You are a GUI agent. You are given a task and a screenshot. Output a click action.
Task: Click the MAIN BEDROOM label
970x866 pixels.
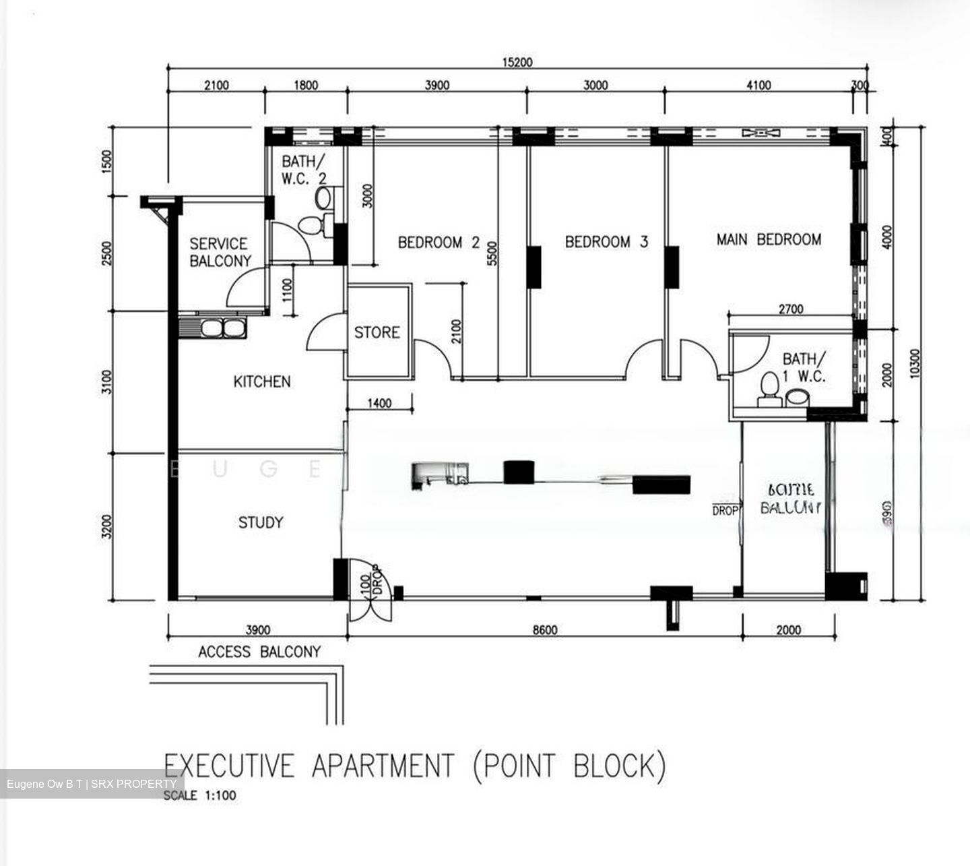pyautogui.click(x=769, y=239)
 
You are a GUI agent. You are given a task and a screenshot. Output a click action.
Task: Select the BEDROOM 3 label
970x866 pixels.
pyautogui.click(x=606, y=241)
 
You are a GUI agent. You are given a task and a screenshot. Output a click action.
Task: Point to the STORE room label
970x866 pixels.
pyautogui.click(x=377, y=332)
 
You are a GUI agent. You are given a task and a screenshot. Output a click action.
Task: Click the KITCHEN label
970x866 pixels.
pyautogui.click(x=262, y=381)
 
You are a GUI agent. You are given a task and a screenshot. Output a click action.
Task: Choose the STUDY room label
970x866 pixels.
pyautogui.click(x=261, y=522)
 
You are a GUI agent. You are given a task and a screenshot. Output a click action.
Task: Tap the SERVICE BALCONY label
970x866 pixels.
pyautogui.click(x=220, y=252)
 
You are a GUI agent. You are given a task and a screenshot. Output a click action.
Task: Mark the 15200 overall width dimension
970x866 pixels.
pyautogui.click(x=517, y=63)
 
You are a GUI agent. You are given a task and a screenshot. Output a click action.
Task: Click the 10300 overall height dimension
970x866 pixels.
pyautogui.click(x=913, y=364)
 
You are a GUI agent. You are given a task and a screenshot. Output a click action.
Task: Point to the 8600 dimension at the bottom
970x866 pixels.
pyautogui.click(x=544, y=630)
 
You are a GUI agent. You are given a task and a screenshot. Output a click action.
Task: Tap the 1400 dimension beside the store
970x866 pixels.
pyautogui.click(x=379, y=404)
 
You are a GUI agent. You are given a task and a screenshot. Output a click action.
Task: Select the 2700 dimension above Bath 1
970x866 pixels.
pyautogui.click(x=790, y=309)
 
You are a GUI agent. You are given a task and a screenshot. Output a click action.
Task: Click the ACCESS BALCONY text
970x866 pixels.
pyautogui.click(x=259, y=652)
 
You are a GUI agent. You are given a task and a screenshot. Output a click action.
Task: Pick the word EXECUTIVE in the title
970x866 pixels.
pyautogui.click(x=230, y=766)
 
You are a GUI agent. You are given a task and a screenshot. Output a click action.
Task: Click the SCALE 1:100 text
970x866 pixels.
pyautogui.click(x=200, y=795)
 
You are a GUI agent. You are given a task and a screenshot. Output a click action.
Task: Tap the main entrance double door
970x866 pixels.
pyautogui.click(x=369, y=593)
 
